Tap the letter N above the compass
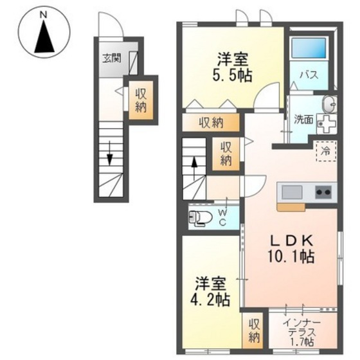[x=44, y=14]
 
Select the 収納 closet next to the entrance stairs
[x=140, y=99]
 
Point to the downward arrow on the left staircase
[x=110, y=154]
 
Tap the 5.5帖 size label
[x=233, y=74]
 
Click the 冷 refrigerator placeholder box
[x=326, y=152]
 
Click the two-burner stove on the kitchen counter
[x=323, y=192]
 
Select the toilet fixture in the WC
[x=202, y=218]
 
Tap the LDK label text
[x=291, y=240]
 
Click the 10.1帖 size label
[x=292, y=256]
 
